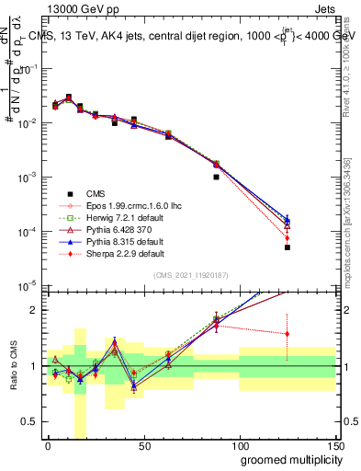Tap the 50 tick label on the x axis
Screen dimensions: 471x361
pos(143,447)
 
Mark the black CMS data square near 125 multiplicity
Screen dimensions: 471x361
pos(288,247)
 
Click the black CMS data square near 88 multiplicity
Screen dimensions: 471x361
pos(216,177)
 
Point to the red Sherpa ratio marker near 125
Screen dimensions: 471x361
pos(288,334)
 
